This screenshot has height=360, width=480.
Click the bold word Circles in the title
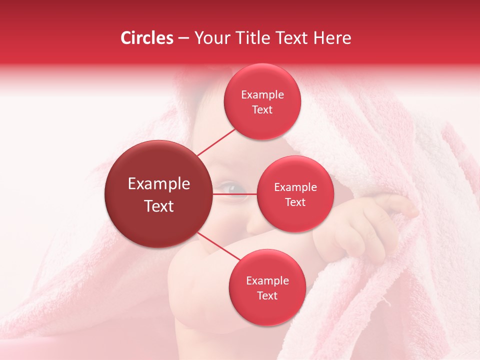point(146,38)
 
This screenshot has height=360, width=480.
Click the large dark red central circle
point(158,194)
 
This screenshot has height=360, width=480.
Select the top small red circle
point(262,102)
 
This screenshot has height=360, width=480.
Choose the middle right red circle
point(295,194)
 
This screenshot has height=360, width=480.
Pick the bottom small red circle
point(267,287)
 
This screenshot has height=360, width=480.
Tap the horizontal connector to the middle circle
point(235,194)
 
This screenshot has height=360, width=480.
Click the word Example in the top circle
point(262,95)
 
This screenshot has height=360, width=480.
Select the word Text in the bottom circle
point(267,295)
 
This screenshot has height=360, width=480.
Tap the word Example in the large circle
point(159,184)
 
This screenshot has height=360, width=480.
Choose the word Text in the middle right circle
point(295,202)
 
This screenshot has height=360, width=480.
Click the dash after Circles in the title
point(183,38)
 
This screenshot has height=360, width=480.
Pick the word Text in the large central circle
point(159,205)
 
